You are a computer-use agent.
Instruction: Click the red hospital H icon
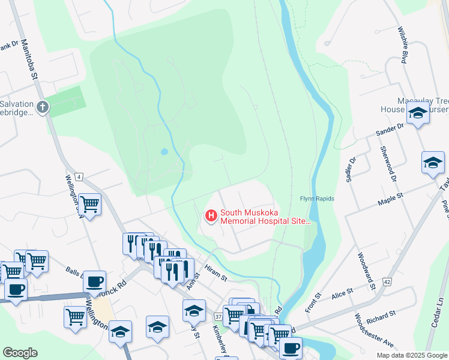click(211, 215)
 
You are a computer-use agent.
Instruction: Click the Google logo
click(20, 353)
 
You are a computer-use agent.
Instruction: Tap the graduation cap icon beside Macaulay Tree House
click(417, 113)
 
